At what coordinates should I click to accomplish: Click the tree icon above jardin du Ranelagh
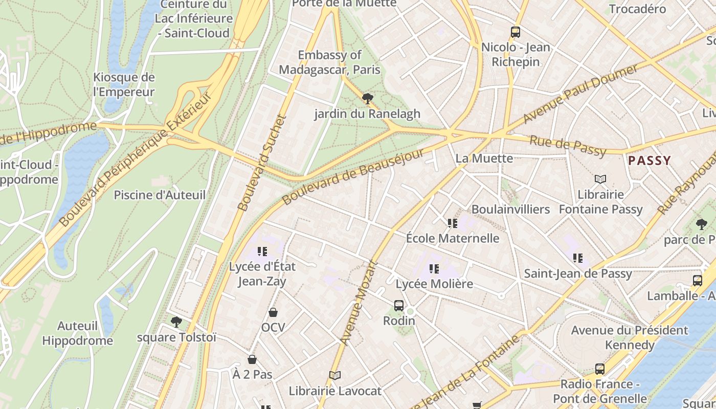point(367,99)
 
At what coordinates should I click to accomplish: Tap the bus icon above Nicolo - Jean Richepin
point(515,32)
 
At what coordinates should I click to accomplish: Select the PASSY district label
point(649,161)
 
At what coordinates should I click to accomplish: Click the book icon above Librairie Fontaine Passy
point(600,179)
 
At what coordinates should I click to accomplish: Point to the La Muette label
point(484,158)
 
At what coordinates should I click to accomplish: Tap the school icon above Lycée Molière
point(434,268)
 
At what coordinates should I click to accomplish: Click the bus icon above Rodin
point(399,306)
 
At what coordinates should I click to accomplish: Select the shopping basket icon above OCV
point(273,312)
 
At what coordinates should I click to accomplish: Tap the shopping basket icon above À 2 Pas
point(252,359)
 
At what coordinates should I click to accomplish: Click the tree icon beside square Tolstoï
point(176,322)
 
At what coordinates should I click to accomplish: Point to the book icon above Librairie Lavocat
point(335,376)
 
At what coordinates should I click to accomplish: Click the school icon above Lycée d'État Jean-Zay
point(262,251)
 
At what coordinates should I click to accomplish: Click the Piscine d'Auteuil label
point(160,195)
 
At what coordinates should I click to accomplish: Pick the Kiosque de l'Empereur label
point(124,85)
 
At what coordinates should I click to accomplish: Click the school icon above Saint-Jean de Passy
point(578,258)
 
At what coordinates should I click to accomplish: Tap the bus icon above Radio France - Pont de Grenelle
point(600,369)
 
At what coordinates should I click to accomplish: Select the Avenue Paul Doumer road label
point(580,94)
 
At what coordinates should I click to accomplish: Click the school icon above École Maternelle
point(453,223)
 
